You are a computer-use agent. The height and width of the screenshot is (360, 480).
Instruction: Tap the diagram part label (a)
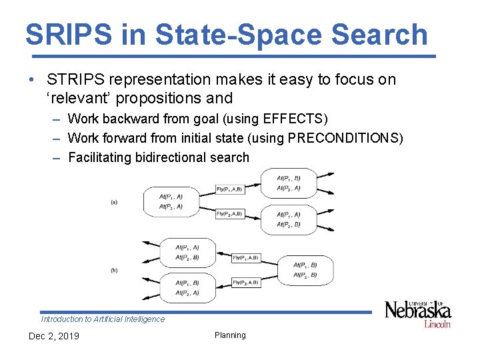point(114,202)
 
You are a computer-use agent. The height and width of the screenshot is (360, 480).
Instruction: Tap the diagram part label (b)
point(114,270)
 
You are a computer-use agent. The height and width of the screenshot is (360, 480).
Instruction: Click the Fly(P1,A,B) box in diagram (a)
point(229,189)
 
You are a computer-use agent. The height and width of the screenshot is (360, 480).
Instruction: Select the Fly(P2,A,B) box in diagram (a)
point(229,214)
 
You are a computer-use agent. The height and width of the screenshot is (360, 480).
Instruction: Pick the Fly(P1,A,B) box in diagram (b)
point(245,257)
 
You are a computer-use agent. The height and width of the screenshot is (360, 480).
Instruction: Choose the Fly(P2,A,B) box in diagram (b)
point(245,283)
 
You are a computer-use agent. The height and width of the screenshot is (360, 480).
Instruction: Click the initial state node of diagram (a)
point(171,201)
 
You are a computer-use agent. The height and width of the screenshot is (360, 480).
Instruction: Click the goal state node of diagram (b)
point(305,270)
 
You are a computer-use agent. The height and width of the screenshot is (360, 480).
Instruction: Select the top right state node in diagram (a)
point(289,183)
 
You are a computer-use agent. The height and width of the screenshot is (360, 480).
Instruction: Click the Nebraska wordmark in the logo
point(417,311)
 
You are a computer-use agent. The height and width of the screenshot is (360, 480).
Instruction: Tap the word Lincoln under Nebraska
point(437,324)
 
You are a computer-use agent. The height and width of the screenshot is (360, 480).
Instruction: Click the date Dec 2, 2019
point(53,336)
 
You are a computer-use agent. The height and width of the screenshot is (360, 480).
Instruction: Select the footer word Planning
point(230,335)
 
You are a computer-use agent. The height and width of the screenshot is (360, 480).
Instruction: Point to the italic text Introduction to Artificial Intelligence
point(103,319)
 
